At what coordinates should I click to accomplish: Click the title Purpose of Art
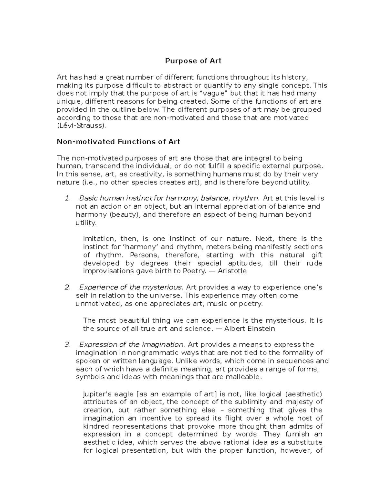[x=193, y=61]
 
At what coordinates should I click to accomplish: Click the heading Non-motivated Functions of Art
[x=118, y=142]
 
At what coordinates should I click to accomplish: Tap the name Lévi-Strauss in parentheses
[x=81, y=126]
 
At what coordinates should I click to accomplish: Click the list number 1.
[x=67, y=198]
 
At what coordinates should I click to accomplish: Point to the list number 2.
[x=67, y=287]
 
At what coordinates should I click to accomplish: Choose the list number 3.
[x=67, y=344]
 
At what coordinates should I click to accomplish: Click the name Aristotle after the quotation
[x=232, y=271]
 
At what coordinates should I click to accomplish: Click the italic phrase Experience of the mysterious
[x=131, y=287]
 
